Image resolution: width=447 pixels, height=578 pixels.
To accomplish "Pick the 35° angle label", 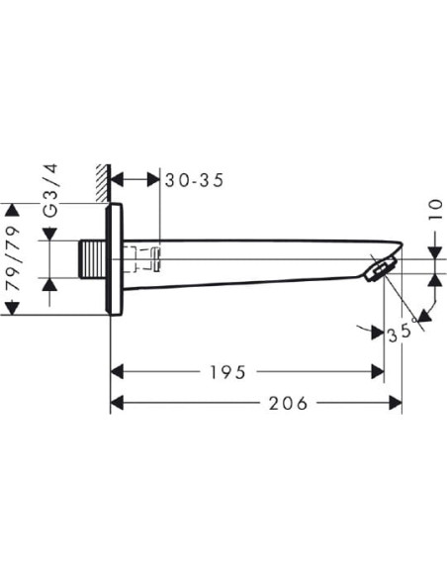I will coord(400,333).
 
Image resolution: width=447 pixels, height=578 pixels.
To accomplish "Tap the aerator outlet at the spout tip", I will coord(380,268).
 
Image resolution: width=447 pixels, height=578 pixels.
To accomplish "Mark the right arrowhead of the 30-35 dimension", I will coord(152,180).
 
